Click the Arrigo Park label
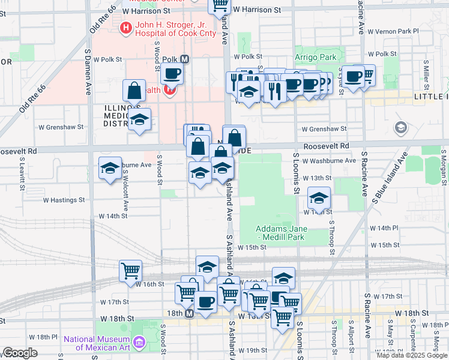(x=315, y=58)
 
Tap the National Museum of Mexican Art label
(x=97, y=343)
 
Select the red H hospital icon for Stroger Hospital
(x=126, y=27)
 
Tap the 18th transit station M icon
(x=190, y=314)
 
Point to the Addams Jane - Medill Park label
(x=282, y=233)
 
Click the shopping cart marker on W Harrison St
(x=220, y=5)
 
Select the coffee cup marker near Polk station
(x=172, y=74)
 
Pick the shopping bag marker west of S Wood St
(x=134, y=91)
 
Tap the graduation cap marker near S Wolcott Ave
(x=110, y=169)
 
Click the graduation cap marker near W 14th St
(x=319, y=197)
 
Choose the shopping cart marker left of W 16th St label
(x=130, y=271)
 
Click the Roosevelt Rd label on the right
(x=326, y=146)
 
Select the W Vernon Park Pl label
(x=394, y=31)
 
